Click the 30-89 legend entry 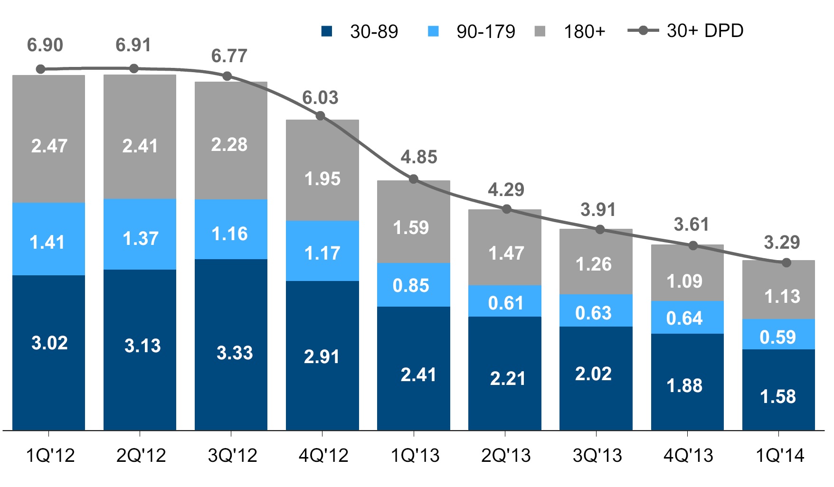click(x=360, y=32)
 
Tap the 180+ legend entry click(x=570, y=32)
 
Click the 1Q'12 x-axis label click(x=50, y=456)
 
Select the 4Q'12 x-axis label click(x=323, y=456)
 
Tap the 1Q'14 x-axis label click(x=780, y=456)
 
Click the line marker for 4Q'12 click(x=320, y=116)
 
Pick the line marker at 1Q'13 click(x=413, y=179)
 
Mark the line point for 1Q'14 click(x=786, y=262)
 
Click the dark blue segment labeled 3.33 click(x=231, y=344)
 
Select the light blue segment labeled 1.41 click(x=48, y=239)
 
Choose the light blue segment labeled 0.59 click(x=778, y=334)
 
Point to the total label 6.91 click(x=133, y=45)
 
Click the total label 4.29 click(x=506, y=190)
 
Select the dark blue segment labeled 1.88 click(x=687, y=382)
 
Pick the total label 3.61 click(x=691, y=225)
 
